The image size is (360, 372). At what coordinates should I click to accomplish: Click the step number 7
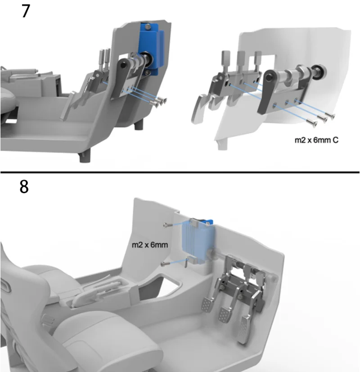pos(26,11)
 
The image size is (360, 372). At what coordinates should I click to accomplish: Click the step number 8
pos(24,187)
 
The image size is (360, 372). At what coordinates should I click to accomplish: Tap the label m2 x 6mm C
pos(316,140)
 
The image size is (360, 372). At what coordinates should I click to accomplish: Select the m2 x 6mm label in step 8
pos(150,245)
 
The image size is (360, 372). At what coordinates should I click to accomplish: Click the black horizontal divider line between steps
pos(180,172)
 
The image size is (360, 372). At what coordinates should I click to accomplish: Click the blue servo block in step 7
pos(150,49)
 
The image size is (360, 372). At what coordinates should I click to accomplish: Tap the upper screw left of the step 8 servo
pos(167,225)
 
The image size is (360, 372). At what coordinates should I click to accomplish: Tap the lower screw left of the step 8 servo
pos(165,263)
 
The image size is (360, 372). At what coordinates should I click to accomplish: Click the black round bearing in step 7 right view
pos(319,71)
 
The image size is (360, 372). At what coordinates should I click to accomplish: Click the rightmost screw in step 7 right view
pos(330,116)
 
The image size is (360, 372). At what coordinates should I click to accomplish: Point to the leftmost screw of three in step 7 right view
pos(311,123)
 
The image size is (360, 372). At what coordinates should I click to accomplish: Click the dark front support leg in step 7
pos(85,157)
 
